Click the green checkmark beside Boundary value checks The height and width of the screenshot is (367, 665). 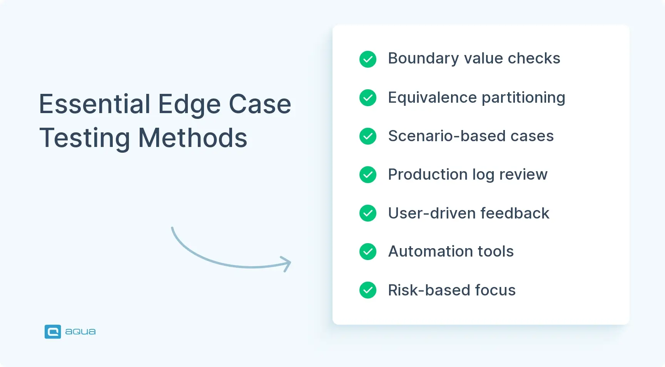coord(368,59)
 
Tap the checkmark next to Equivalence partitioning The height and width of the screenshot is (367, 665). coord(368,98)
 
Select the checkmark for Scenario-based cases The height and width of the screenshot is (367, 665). coord(368,136)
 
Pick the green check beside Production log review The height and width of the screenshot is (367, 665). coord(368,175)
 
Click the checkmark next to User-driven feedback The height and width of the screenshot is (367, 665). coord(368,213)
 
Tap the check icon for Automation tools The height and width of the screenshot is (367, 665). coord(368,252)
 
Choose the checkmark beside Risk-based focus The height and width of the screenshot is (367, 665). coord(368,290)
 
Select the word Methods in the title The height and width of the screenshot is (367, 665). coord(193,138)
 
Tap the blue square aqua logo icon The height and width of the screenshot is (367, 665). coord(53,332)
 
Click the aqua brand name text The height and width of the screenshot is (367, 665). coord(80,332)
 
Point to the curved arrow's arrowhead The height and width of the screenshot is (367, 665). coord(287,264)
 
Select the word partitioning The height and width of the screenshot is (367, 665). coord(523,98)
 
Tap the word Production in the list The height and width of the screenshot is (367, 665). coord(428,174)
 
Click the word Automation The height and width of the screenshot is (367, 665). coord(431,251)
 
